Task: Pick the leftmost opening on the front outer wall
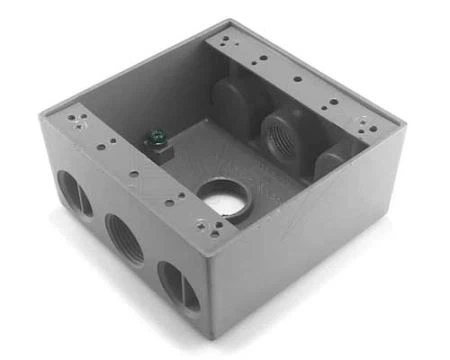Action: coord(75,193)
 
